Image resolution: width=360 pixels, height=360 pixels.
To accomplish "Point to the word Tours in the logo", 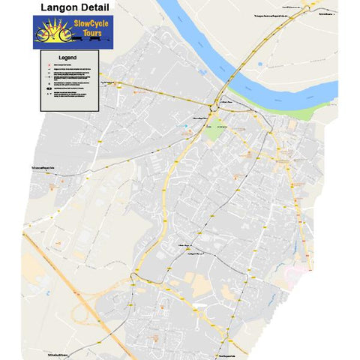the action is pyautogui.click(x=91, y=34).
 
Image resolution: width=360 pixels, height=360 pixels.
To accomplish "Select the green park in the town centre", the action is pyautogui.click(x=216, y=128).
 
